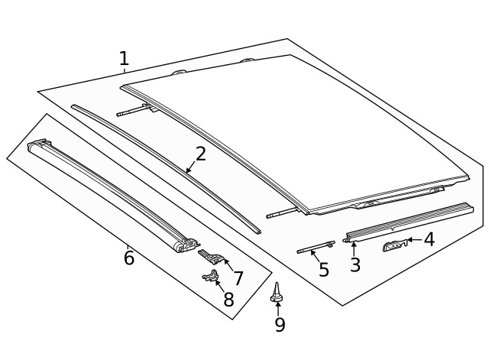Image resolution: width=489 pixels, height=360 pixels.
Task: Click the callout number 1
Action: (124, 58)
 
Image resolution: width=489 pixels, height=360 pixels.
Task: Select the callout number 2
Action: (200, 154)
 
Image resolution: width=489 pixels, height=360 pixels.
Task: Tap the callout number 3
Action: (355, 265)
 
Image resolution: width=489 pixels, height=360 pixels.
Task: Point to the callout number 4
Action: (429, 240)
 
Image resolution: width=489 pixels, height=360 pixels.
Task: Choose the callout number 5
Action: (323, 270)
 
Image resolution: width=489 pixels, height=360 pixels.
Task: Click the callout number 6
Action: (128, 258)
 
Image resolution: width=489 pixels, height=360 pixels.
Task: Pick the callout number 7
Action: (238, 278)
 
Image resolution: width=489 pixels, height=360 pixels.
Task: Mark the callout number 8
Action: (228, 300)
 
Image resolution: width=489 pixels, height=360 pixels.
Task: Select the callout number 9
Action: (280, 325)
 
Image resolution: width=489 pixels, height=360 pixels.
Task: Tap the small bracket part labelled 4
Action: (393, 245)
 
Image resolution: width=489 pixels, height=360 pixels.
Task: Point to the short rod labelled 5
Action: (316, 247)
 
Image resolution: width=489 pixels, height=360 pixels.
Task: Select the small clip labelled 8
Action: (211, 277)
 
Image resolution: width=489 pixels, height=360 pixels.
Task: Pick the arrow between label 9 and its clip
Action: (278, 308)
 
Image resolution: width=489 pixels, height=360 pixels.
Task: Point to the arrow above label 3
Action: (354, 248)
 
